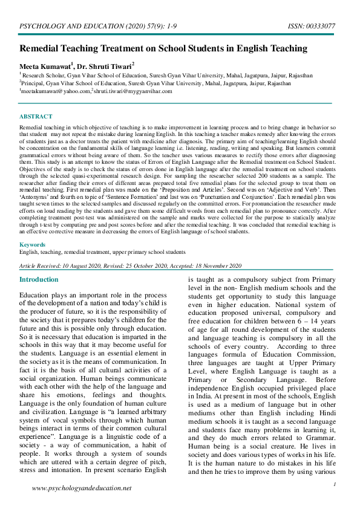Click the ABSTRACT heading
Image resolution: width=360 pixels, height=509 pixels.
(x=36, y=116)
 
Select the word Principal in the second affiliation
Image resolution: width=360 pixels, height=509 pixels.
(x=33, y=83)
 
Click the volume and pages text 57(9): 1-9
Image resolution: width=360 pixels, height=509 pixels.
(x=136, y=27)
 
